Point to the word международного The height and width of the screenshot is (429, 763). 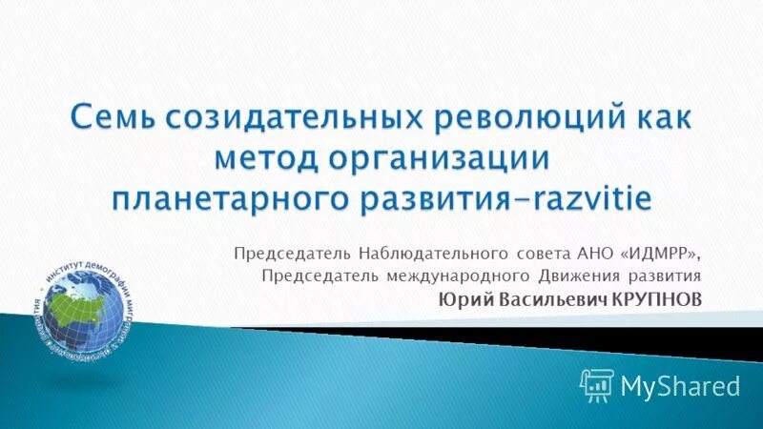click(x=453, y=276)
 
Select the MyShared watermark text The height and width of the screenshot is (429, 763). click(x=680, y=385)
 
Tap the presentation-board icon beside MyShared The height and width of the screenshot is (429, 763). click(x=596, y=385)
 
